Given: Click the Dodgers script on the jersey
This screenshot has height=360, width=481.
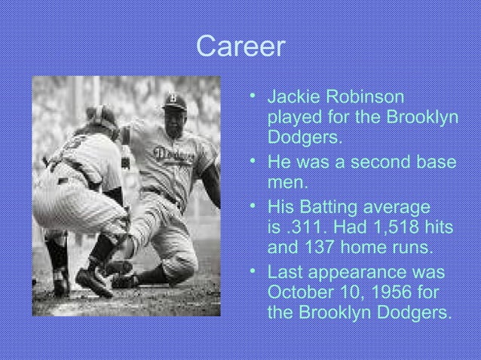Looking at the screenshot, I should tap(173, 155).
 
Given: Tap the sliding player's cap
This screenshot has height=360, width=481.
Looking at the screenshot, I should tap(174, 102).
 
